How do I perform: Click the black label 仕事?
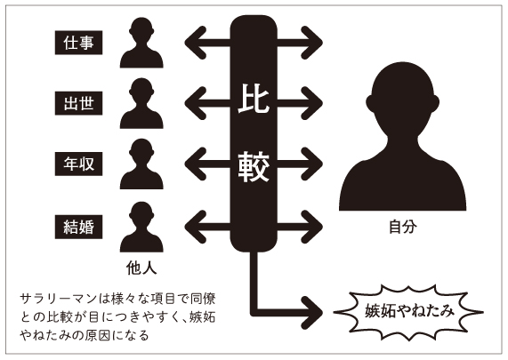(x=78, y=43)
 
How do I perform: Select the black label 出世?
(x=78, y=103)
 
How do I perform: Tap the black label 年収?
(x=78, y=164)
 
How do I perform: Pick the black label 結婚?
(x=78, y=227)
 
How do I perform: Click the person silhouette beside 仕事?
(x=141, y=43)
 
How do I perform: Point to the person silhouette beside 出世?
(x=141, y=103)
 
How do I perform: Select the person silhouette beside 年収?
(x=141, y=164)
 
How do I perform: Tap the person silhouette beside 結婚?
(x=141, y=227)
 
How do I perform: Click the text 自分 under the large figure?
(x=403, y=227)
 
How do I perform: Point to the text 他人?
(x=141, y=268)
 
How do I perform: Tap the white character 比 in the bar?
(x=254, y=99)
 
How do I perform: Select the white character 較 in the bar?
(x=254, y=166)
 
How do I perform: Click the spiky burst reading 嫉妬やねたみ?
(x=408, y=312)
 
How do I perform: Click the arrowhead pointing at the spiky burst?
(x=312, y=312)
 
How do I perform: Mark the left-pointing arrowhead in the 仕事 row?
(x=196, y=43)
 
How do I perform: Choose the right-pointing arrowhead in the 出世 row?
(x=312, y=103)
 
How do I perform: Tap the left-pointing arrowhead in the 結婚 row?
(x=196, y=227)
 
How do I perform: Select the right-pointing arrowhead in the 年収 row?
(x=312, y=164)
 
